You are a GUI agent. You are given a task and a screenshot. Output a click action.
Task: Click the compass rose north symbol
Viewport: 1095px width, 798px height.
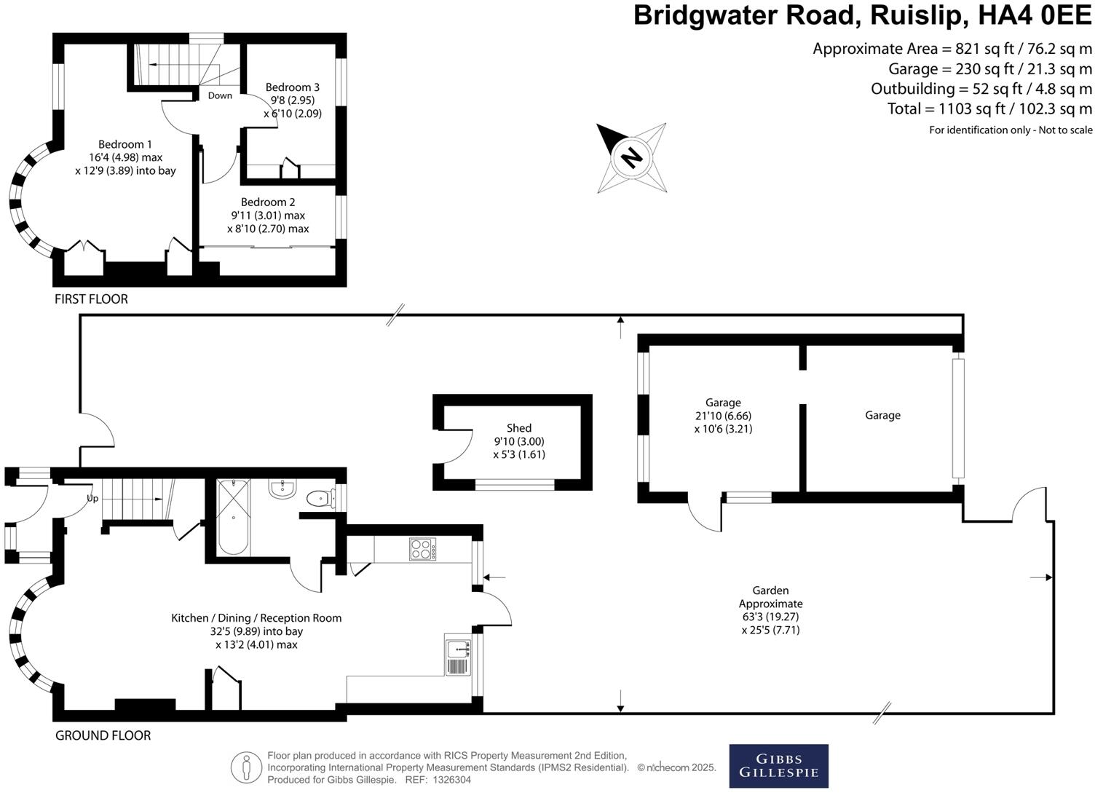coord(631,157)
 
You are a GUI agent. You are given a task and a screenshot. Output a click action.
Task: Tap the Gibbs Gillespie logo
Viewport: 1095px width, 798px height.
coord(778,766)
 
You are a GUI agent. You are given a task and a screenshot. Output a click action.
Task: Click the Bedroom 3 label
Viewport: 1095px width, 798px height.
coord(292,87)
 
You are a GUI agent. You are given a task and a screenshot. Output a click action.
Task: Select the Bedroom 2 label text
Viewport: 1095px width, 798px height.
coord(268,202)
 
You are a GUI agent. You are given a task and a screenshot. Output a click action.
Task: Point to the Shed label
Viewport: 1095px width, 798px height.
coord(519,428)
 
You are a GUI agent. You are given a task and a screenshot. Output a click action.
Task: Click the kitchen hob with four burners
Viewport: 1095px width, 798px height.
coord(423,549)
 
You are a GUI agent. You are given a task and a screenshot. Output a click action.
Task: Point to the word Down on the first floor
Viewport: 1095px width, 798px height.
coord(220,95)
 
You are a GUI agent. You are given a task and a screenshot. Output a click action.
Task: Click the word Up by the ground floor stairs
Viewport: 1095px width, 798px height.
coord(92,499)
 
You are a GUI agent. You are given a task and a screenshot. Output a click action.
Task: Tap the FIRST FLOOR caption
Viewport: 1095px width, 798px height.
coord(91,299)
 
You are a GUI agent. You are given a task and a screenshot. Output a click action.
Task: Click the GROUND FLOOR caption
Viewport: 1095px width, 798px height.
coord(103,735)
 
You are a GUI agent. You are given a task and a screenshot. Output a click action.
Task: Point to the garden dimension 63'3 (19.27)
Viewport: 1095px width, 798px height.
coord(770,617)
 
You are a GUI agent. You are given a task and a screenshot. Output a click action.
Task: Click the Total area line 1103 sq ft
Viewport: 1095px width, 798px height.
coord(989,109)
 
